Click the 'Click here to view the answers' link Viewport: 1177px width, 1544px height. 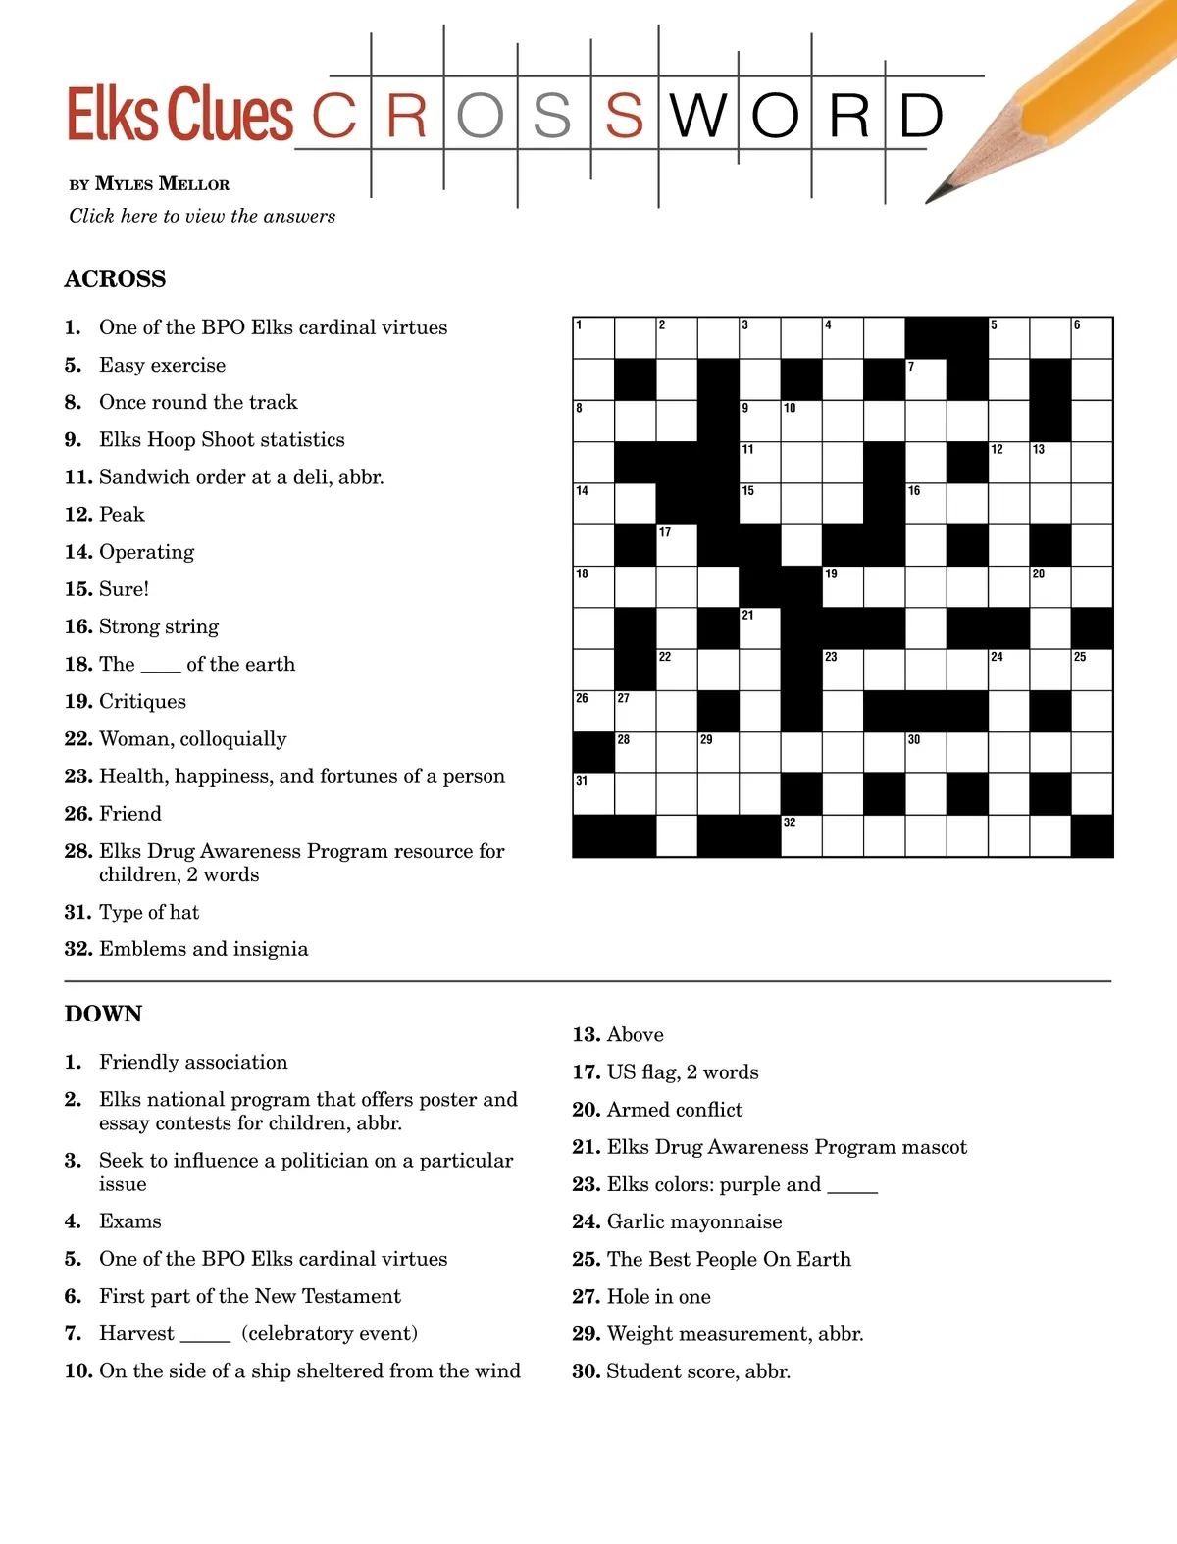[x=202, y=216]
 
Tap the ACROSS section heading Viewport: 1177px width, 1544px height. [x=115, y=279]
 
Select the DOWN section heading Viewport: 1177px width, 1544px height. [x=103, y=1014]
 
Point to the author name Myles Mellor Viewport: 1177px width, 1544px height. [x=162, y=184]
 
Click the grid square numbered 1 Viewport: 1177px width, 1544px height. [x=593, y=338]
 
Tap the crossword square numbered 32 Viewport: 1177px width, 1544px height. [x=800, y=836]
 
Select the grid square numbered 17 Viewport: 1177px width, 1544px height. [x=676, y=546]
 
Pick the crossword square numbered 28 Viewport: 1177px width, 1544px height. [x=635, y=753]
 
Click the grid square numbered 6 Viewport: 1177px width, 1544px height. [x=1092, y=338]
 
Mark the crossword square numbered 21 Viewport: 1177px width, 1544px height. [x=759, y=628]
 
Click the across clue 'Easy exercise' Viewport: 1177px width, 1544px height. [x=162, y=366]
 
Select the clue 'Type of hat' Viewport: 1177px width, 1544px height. [x=148, y=913]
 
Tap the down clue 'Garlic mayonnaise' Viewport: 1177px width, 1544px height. [x=693, y=1222]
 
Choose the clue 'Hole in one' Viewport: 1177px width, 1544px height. [x=658, y=1297]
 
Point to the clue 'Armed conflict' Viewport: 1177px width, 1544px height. [x=674, y=1110]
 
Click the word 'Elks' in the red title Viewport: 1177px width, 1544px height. [x=112, y=115]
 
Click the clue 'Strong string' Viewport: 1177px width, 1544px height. [x=158, y=627]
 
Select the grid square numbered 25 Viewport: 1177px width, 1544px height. [x=1092, y=670]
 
